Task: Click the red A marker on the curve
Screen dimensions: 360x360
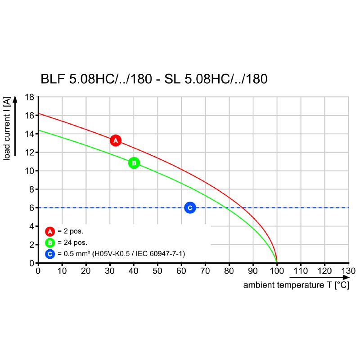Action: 116,140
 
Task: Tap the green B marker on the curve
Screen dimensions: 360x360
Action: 134,163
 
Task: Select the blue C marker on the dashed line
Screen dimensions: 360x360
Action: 190,207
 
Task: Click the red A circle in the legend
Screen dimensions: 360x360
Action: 50,232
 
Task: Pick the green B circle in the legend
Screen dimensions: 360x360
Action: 50,243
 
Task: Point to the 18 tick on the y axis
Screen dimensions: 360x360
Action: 30,97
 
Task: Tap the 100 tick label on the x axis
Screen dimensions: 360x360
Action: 277,271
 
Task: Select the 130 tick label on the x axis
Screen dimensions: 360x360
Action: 348,271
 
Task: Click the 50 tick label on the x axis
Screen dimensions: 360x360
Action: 157,271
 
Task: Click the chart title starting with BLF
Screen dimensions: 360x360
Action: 154,79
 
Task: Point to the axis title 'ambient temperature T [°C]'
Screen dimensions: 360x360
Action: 296,285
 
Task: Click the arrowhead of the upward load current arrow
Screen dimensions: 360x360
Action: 15,99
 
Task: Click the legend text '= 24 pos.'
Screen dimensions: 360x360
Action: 72,243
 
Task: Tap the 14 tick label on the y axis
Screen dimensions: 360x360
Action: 30,134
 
